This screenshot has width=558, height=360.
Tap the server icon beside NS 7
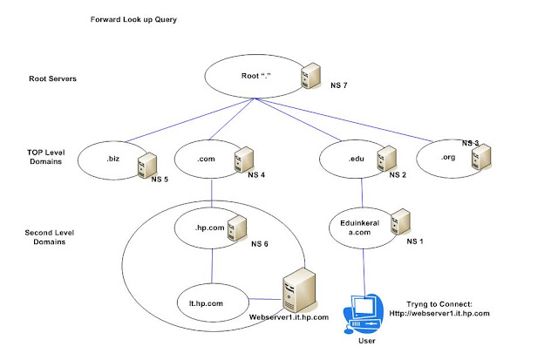click(x=307, y=77)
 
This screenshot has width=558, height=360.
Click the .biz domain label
click(x=112, y=159)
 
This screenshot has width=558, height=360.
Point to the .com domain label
click(x=208, y=159)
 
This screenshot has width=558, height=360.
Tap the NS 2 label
click(x=398, y=175)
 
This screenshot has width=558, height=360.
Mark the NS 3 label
click(x=471, y=142)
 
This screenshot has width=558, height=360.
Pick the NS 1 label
click(x=416, y=241)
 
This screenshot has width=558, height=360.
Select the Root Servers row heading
click(x=54, y=79)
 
